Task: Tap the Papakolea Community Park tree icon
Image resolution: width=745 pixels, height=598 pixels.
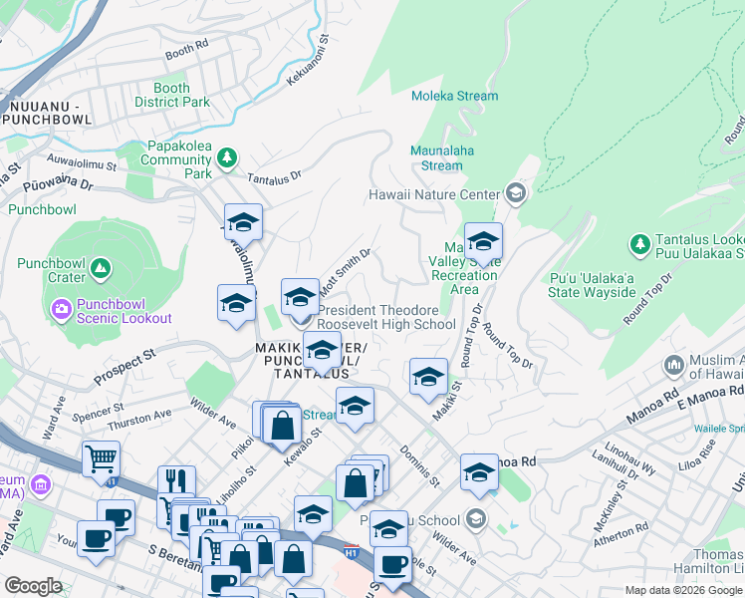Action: click(x=228, y=156)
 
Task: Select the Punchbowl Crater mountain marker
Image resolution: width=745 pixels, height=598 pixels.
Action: click(x=100, y=267)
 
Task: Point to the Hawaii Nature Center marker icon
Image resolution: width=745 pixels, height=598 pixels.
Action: click(x=515, y=192)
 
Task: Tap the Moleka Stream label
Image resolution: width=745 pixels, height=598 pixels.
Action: click(x=455, y=96)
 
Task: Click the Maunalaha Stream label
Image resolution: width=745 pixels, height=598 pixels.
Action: click(x=436, y=158)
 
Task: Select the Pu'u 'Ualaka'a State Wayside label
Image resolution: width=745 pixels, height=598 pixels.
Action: click(x=592, y=285)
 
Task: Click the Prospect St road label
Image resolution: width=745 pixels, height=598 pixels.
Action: click(x=124, y=367)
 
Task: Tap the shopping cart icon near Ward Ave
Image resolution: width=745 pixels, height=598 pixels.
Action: click(x=101, y=457)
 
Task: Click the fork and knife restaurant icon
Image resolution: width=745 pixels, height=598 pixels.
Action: click(x=176, y=480)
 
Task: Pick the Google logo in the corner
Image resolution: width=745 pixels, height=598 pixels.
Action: click(x=33, y=586)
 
